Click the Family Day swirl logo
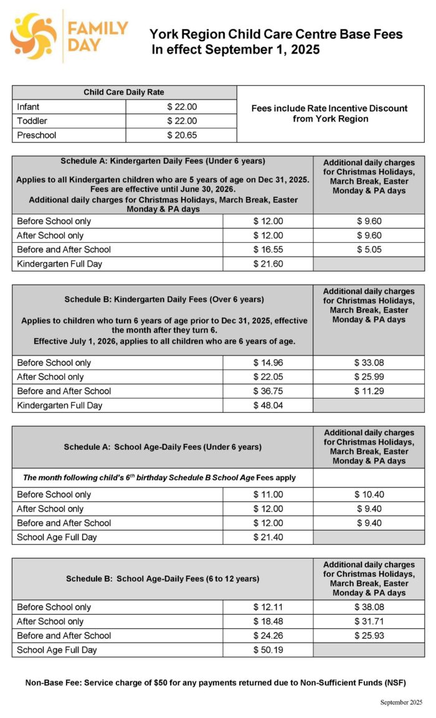pos(33,35)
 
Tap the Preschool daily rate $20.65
pos(182,135)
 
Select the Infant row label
pos(28,106)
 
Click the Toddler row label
pos(32,121)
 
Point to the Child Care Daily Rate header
pos(124,92)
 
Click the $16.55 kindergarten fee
pos(268,250)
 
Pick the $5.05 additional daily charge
pos(369,250)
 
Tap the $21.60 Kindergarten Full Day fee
pos(268,264)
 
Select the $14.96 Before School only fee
pos(268,362)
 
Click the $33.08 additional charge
pos(369,362)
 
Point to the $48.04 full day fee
pos(268,405)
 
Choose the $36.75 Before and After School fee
pos(268,391)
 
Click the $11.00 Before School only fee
pos(268,494)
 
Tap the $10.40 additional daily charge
pos(369,494)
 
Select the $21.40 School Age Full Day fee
pos(268,537)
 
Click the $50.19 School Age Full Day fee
pos(268,650)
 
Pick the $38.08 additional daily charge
pos(369,607)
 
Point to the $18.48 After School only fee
pos(268,621)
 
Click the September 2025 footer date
pos(401,702)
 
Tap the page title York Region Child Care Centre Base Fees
pos(276,35)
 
